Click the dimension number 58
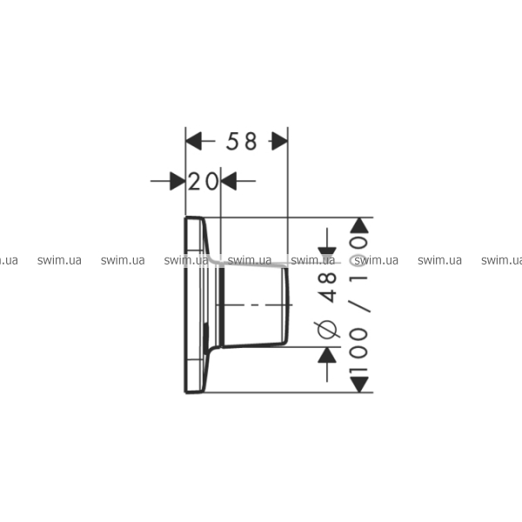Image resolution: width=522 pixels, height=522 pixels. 241,141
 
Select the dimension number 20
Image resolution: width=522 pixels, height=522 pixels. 203,182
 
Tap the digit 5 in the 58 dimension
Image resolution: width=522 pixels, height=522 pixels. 232,141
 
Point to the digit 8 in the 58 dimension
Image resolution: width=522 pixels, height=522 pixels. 251,141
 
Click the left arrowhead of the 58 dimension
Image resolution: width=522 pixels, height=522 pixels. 194,141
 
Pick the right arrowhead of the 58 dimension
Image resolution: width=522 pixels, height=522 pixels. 280,141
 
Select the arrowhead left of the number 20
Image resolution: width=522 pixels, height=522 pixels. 177,181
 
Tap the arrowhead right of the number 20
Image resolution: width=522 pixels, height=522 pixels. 229,181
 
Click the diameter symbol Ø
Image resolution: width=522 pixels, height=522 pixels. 327,330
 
